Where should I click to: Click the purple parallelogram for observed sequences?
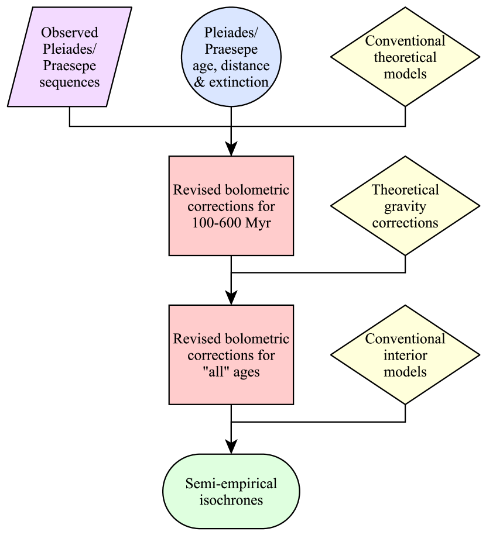[69, 57]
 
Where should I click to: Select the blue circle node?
[231, 57]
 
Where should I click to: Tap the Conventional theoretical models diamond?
[405, 57]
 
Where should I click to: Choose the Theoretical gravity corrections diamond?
[405, 206]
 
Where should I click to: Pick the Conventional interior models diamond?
[405, 355]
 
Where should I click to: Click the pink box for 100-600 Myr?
[231, 206]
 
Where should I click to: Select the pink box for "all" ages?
[231, 355]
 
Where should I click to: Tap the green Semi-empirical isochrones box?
[231, 492]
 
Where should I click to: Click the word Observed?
[69, 32]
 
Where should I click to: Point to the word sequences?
[69, 82]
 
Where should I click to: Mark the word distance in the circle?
[248, 65]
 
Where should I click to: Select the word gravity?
[405, 206]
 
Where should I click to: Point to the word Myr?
[258, 223]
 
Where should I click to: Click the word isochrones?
[231, 501]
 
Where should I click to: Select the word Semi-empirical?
[231, 484]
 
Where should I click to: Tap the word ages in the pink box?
[246, 372]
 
